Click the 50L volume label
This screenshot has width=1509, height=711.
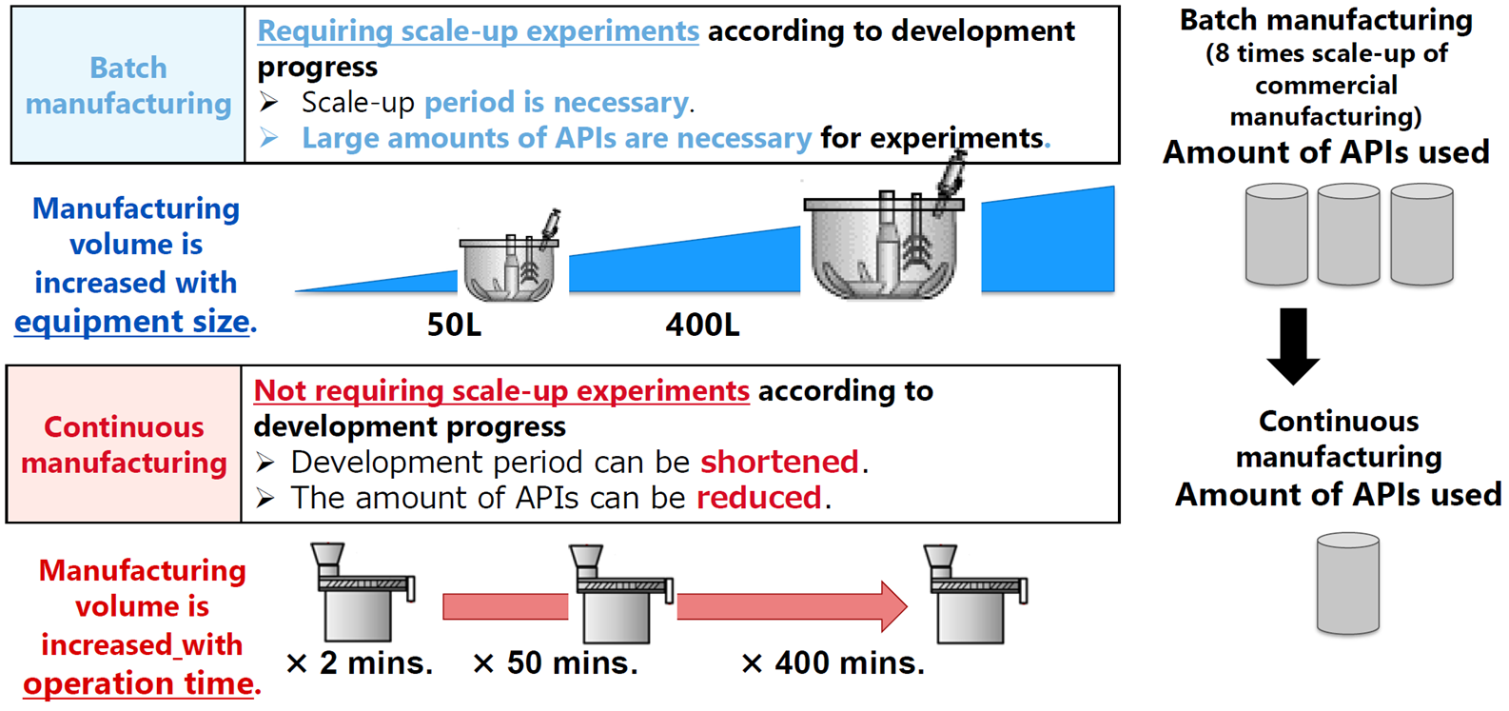click(x=454, y=325)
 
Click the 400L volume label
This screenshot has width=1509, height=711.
click(x=702, y=325)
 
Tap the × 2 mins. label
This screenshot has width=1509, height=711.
click(x=359, y=663)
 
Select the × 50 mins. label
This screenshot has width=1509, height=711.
click(x=555, y=663)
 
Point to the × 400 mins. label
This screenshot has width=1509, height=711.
click(x=833, y=663)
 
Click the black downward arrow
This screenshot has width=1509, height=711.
click(x=1293, y=346)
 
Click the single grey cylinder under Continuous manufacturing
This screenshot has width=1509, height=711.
click(x=1347, y=583)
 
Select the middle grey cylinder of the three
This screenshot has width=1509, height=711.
click(x=1348, y=234)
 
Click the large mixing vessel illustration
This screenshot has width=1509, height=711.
click(x=884, y=236)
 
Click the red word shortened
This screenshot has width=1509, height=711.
click(x=779, y=463)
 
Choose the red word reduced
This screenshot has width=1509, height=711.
click(x=758, y=498)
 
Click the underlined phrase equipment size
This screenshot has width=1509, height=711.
click(x=132, y=322)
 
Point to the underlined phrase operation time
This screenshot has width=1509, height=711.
click(x=140, y=683)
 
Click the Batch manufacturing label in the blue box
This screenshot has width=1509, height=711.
click(x=128, y=86)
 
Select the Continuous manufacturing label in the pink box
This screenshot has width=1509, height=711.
click(x=124, y=444)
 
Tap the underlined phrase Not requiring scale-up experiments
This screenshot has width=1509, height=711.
click(x=501, y=391)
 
